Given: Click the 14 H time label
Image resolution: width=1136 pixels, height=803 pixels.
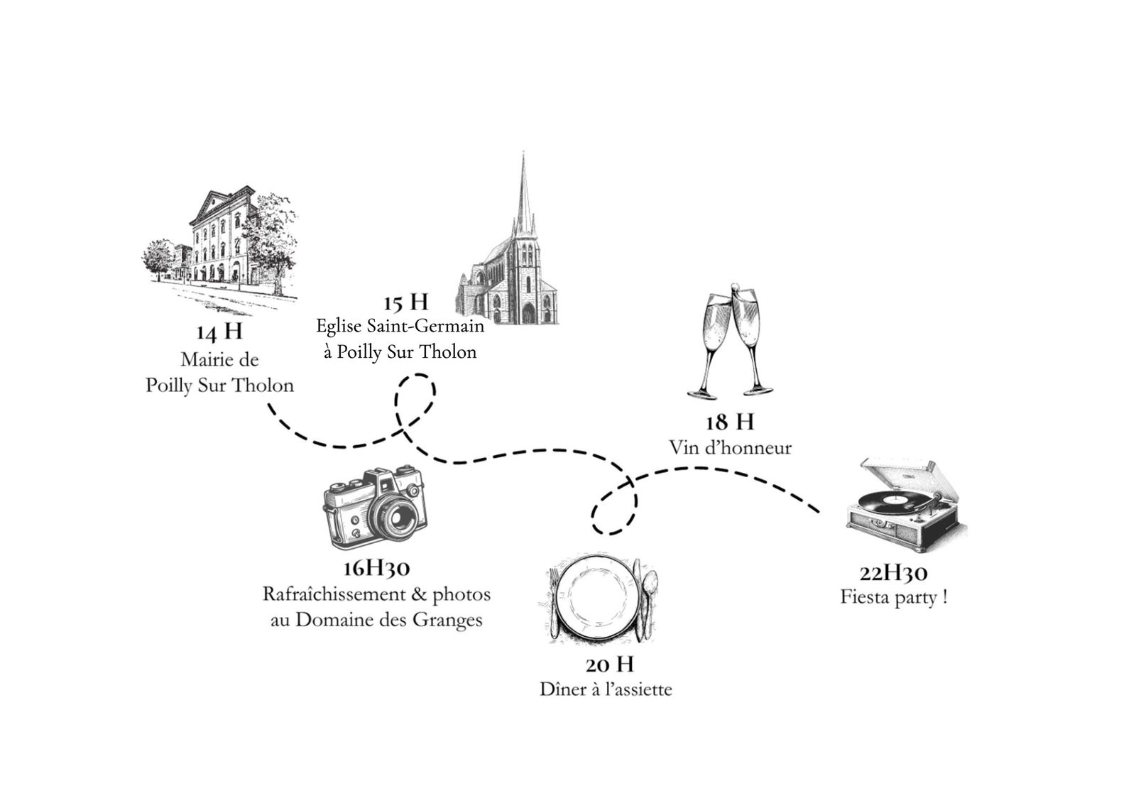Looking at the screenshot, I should tap(219, 332).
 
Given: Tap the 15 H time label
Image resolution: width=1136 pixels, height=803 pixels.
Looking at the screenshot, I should tap(405, 302).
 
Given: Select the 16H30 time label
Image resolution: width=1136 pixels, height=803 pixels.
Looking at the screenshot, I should tap(376, 568).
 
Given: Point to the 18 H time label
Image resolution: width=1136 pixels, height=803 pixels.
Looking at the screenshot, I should tap(729, 422).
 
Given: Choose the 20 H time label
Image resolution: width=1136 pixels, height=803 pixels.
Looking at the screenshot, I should tap(609, 665).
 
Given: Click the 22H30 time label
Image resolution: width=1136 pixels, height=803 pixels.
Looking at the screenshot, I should tap(894, 573).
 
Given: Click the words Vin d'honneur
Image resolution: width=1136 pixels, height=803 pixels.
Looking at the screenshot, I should tap(729, 448).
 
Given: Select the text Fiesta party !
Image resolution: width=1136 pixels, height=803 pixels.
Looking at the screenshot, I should tap(894, 597).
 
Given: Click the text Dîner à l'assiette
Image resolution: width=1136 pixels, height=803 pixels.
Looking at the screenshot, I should tap(606, 689).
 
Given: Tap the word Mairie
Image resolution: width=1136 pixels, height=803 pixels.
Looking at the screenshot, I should tap(203, 359).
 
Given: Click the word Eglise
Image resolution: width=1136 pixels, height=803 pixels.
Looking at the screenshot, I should tap(337, 327).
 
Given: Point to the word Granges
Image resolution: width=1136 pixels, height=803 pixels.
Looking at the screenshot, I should tap(449, 620).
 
